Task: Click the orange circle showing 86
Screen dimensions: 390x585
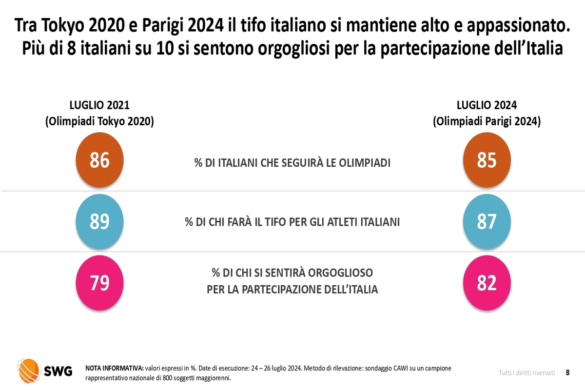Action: click(100, 160)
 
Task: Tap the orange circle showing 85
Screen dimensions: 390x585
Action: click(487, 160)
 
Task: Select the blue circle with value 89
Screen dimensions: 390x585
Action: click(100, 222)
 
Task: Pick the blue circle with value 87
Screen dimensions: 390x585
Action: click(487, 222)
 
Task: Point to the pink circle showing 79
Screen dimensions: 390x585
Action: click(100, 283)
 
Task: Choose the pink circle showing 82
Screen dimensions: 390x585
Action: click(487, 283)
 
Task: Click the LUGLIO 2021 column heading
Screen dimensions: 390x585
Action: click(99, 105)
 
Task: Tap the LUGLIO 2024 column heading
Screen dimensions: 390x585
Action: click(487, 105)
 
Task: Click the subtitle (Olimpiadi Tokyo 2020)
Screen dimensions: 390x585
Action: click(99, 122)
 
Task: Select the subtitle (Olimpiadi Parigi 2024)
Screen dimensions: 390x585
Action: click(487, 122)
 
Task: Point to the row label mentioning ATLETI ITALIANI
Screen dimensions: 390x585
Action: click(292, 222)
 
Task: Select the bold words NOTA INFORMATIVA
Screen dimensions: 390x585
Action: click(115, 368)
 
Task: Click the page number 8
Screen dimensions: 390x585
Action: click(568, 372)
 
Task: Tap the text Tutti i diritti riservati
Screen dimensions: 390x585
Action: click(526, 373)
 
